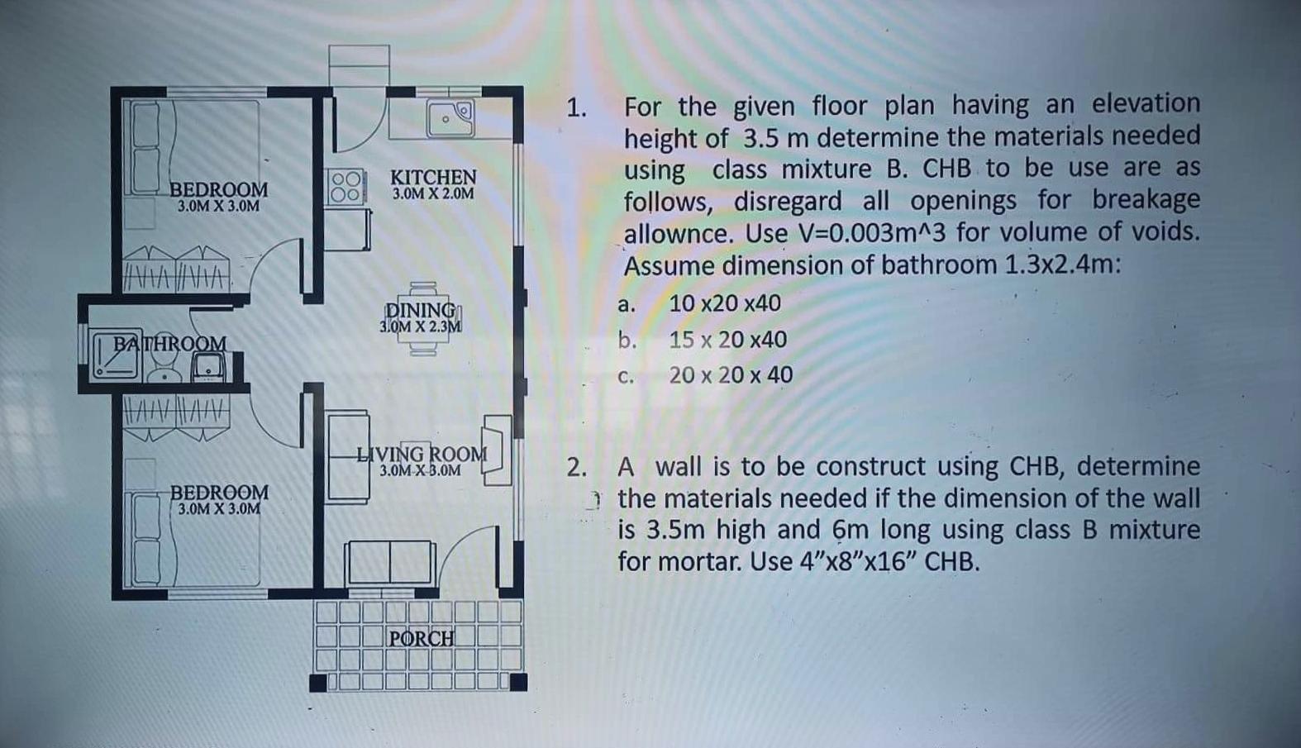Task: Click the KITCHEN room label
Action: coord(433,177)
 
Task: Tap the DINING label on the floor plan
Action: coord(421,310)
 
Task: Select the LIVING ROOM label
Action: coord(422,454)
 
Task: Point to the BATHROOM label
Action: coord(169,343)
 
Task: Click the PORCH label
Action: coord(422,638)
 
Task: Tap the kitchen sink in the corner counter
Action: coord(450,118)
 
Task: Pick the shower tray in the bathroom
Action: coord(117,355)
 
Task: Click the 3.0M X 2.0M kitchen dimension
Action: coord(433,193)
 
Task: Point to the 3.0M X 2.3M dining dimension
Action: coord(420,326)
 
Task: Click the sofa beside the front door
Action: coord(390,562)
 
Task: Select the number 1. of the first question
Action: coord(576,108)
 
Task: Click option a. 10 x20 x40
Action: coord(724,303)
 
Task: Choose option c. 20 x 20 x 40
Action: coord(730,375)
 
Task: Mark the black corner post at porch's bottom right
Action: coord(518,682)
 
